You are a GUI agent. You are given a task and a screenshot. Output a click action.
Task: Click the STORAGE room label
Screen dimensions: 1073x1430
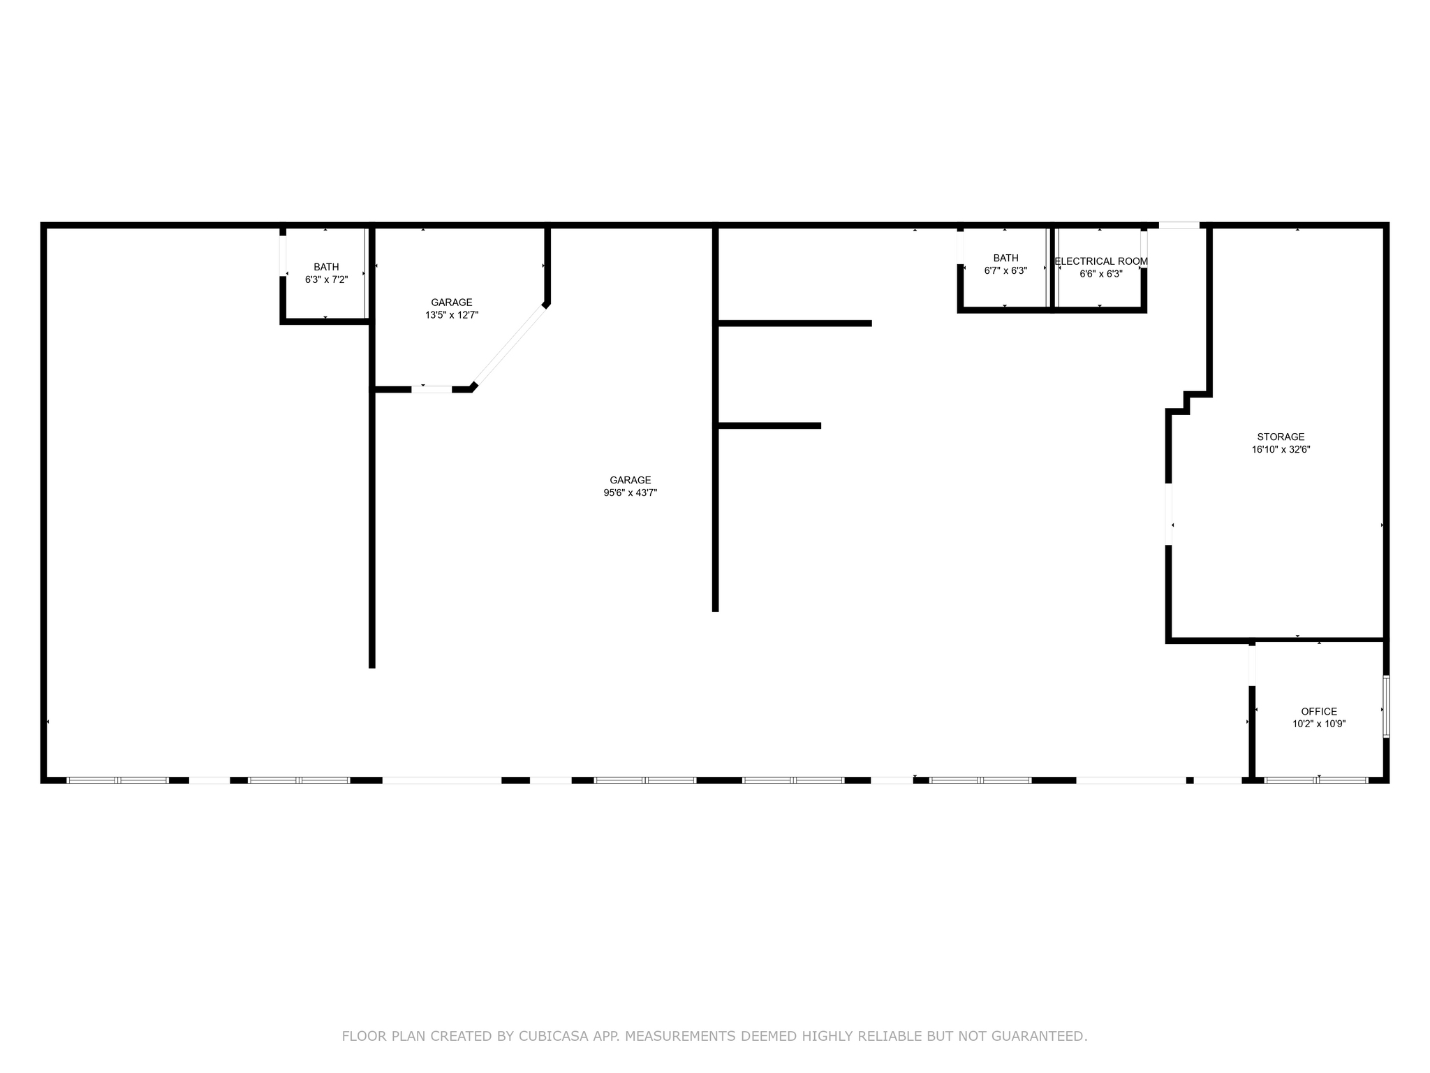tap(1281, 437)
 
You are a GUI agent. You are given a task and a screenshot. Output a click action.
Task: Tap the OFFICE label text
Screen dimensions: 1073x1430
tap(1319, 712)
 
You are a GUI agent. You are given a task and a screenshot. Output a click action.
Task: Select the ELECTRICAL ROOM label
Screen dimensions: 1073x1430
tap(1101, 261)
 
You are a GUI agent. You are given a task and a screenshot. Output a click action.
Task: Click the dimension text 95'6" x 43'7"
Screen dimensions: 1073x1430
tap(631, 492)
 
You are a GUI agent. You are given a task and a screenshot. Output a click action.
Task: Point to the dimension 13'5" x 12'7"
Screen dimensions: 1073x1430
tap(452, 315)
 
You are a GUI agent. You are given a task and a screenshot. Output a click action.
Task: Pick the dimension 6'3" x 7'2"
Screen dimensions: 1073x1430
tap(326, 279)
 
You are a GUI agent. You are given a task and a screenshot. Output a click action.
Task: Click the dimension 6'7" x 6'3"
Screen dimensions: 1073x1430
tap(1005, 271)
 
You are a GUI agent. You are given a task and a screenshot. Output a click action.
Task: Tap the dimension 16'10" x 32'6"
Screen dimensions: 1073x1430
tap(1281, 450)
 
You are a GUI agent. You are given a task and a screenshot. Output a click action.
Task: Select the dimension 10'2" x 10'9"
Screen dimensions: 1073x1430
tap(1319, 724)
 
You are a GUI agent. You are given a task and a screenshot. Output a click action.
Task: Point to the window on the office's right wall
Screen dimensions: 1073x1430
tap(1386, 706)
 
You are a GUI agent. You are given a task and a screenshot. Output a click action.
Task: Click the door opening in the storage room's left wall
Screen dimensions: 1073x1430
tap(1168, 514)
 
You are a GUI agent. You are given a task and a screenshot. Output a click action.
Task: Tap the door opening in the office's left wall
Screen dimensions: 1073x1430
tap(1252, 665)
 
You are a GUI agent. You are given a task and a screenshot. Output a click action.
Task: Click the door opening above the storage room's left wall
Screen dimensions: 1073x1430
tap(1179, 225)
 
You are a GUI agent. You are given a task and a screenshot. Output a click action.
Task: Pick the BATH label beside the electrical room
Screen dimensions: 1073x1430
tap(1005, 258)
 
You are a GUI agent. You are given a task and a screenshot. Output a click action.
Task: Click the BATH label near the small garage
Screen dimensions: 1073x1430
tap(326, 267)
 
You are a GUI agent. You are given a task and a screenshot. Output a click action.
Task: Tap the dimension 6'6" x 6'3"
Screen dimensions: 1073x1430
tap(1101, 274)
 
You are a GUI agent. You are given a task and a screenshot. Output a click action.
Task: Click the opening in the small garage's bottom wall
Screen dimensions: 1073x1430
tap(432, 389)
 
